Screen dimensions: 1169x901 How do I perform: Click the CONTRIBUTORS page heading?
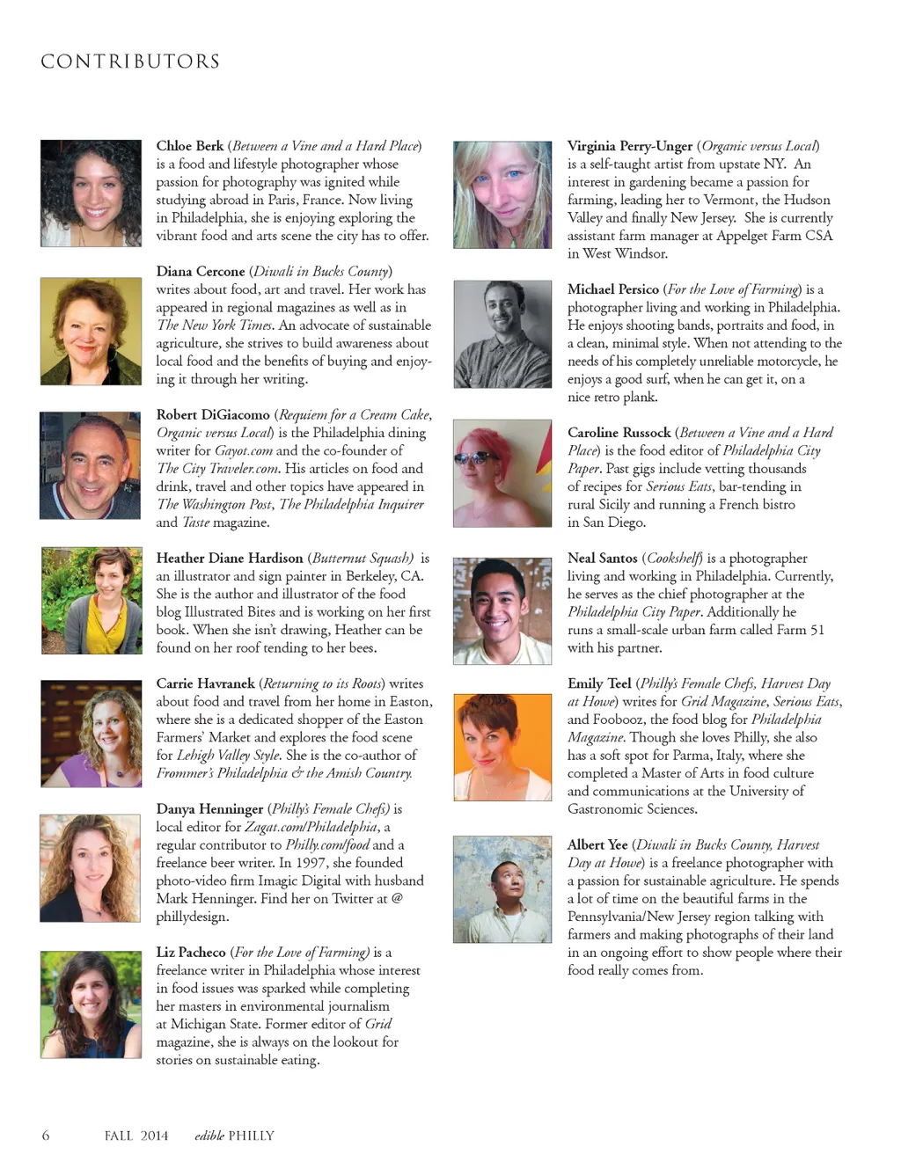(130, 62)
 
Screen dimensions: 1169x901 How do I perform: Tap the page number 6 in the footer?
(46, 1136)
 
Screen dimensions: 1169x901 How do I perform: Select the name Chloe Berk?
(190, 146)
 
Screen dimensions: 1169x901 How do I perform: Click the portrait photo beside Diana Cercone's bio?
(91, 332)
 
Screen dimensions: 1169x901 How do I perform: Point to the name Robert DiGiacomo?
(213, 414)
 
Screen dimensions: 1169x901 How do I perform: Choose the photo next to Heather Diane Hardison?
(92, 601)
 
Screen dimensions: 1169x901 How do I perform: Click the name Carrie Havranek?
(205, 683)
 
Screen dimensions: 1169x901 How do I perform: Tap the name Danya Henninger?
(209, 808)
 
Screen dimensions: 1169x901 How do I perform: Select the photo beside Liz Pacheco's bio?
(91, 1004)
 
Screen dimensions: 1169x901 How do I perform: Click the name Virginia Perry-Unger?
(630, 146)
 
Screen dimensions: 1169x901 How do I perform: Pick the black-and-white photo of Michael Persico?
(502, 334)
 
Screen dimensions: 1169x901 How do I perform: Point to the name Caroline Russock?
(619, 432)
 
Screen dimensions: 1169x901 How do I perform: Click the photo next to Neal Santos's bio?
(502, 610)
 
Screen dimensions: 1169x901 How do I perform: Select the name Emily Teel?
(599, 683)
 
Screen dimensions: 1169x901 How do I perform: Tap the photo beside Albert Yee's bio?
(502, 889)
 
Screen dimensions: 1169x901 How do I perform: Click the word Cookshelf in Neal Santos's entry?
(674, 558)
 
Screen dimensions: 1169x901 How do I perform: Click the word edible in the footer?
(209, 1136)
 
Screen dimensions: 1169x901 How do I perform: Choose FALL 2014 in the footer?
(136, 1136)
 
